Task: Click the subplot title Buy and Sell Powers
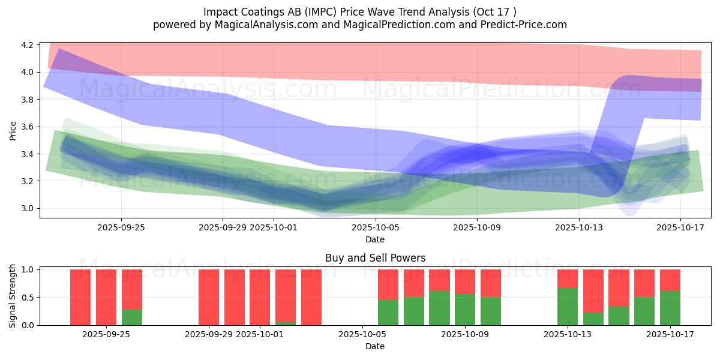pyautogui.click(x=375, y=258)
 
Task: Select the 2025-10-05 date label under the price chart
pyautogui.click(x=375, y=228)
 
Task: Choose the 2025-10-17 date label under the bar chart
pyautogui.click(x=670, y=335)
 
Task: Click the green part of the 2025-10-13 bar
pyautogui.click(x=568, y=307)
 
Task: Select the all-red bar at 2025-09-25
pyautogui.click(x=106, y=297)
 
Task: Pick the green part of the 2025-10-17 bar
pyautogui.click(x=670, y=308)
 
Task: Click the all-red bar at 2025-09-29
pyautogui.click(x=209, y=297)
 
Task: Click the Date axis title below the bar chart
pyautogui.click(x=375, y=346)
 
